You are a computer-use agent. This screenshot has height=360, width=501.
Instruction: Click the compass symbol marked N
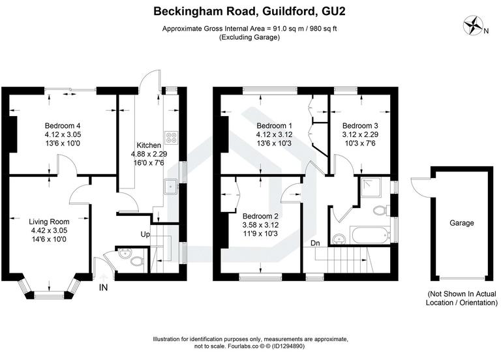point(472,26)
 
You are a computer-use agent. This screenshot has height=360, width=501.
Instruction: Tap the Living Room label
point(50,221)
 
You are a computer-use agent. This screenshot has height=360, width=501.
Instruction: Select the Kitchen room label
point(145,145)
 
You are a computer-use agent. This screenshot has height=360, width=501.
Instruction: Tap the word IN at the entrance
point(103,287)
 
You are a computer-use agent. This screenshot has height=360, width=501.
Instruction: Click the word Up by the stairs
point(146,233)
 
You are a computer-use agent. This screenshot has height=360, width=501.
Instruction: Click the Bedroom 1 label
point(273,126)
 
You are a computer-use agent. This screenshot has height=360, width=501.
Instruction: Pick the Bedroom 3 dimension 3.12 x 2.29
point(359,134)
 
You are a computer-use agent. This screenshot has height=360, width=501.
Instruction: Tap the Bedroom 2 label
point(260,217)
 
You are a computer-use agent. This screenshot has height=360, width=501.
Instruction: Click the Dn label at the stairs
point(315,243)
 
